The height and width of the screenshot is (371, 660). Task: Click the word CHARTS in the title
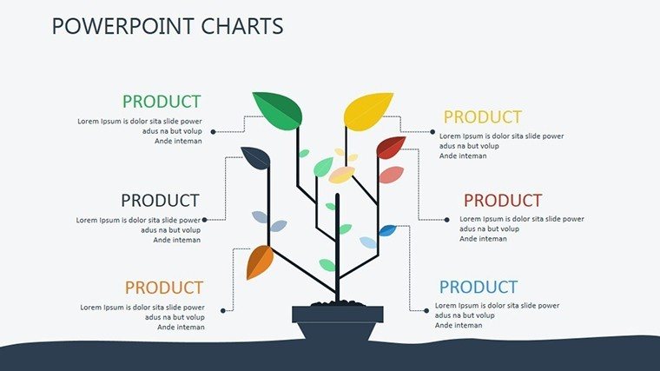[242, 26]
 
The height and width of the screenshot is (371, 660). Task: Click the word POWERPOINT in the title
[123, 26]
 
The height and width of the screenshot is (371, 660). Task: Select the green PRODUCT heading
[162, 102]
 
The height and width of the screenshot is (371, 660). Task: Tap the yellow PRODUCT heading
[483, 117]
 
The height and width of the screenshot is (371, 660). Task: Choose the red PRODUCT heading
[503, 201]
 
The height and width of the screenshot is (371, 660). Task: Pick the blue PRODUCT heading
[478, 288]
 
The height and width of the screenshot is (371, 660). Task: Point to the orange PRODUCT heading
[164, 288]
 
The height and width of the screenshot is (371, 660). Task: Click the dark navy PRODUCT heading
[160, 201]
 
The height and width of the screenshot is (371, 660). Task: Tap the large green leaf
[279, 110]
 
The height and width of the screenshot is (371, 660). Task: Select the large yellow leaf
[367, 111]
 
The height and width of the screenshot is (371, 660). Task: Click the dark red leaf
[391, 148]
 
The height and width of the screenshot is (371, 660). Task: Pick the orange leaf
[260, 262]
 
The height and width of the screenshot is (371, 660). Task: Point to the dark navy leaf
[256, 158]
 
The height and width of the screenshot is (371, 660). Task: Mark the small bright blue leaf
[387, 230]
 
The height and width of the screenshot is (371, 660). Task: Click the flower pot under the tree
[338, 323]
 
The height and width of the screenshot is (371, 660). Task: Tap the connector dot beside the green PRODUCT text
[213, 132]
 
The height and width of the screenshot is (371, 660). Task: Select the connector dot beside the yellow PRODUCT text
[432, 132]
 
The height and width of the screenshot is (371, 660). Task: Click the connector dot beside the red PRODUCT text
[446, 220]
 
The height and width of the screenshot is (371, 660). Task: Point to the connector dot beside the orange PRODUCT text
[222, 311]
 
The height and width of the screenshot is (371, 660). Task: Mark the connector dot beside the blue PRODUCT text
[426, 311]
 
